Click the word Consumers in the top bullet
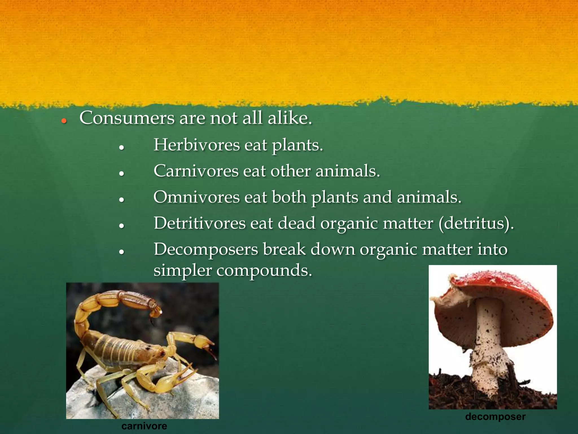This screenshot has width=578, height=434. [x=127, y=118]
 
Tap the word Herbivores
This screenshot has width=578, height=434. [x=196, y=145]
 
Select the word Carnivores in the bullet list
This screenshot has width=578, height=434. [x=196, y=171]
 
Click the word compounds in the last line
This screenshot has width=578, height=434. [x=264, y=271]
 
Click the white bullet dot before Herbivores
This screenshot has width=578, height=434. [x=122, y=148]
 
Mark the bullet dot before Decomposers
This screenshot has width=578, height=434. [x=122, y=252]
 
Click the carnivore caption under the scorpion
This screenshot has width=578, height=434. [x=144, y=426]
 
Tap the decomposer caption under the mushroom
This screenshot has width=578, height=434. [x=495, y=416]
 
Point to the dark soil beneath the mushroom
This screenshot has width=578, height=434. [x=457, y=393]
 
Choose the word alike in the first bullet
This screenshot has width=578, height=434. [x=290, y=118]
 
